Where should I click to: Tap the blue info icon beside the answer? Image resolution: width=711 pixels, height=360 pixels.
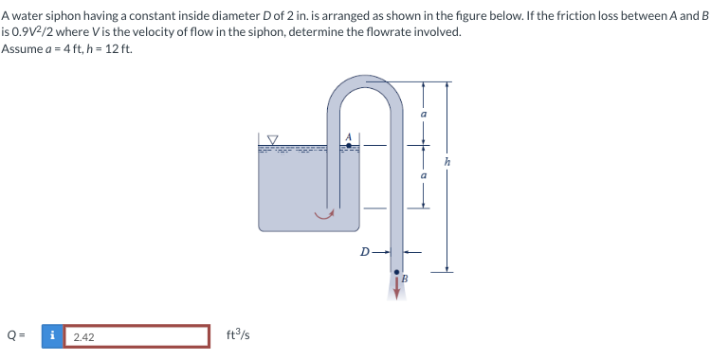[54, 336]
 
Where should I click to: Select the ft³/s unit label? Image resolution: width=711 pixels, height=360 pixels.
[238, 335]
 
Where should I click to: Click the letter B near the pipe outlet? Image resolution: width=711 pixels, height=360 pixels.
[405, 278]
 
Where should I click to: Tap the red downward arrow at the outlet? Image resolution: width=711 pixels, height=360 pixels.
[395, 286]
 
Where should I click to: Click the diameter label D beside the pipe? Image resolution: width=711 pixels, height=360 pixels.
[364, 253]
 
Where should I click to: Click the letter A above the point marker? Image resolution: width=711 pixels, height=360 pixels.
[349, 136]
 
